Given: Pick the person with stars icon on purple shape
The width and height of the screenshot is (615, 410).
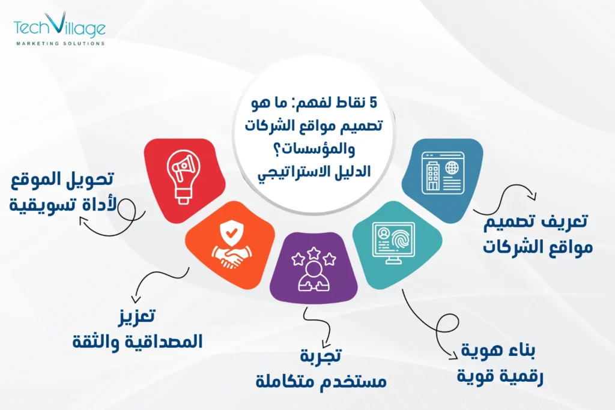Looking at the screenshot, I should click(313, 270).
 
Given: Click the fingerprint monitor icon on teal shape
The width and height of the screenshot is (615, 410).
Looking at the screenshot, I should click(393, 244).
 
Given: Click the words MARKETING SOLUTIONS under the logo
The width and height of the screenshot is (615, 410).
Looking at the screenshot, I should click(60, 43).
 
